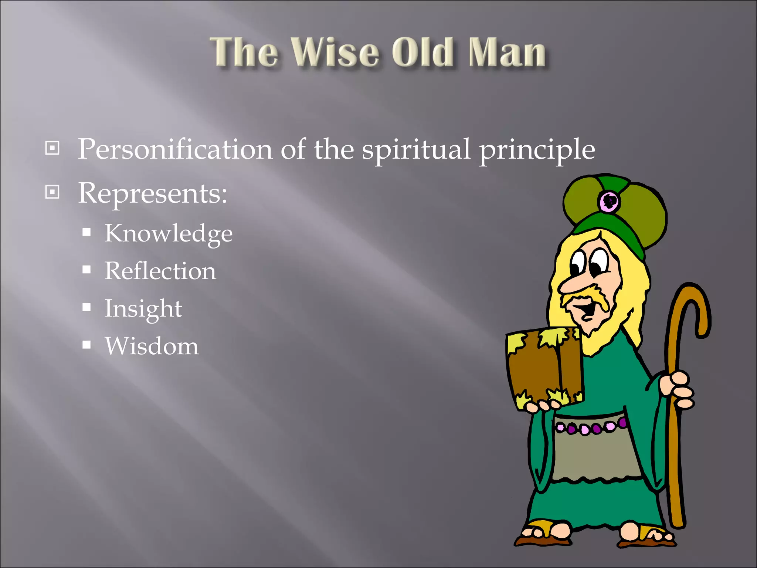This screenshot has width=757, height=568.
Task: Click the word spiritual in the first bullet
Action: tap(416, 149)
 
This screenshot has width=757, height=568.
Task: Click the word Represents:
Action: tap(152, 193)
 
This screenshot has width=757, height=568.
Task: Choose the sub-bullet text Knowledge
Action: tap(169, 234)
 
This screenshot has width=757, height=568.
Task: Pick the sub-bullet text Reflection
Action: tap(160, 271)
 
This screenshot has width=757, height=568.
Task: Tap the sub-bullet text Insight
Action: tap(143, 309)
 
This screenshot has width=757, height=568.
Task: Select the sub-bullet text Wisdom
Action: tap(152, 346)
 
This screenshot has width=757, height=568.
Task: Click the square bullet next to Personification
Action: tap(52, 148)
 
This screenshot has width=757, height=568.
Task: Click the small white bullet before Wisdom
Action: tap(86, 345)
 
